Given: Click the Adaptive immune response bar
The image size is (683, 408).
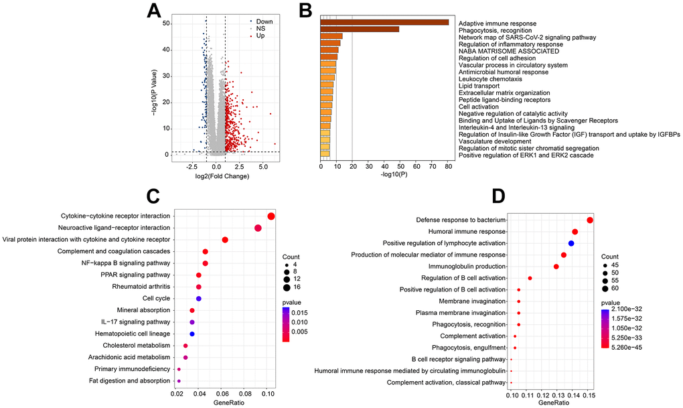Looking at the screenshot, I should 384,23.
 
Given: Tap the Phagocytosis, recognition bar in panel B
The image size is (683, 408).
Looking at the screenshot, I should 360,29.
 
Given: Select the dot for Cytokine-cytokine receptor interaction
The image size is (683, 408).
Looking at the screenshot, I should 271,216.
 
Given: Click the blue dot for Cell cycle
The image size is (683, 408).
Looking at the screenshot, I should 199,298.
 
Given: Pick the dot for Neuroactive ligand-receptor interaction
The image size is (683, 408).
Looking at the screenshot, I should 258,228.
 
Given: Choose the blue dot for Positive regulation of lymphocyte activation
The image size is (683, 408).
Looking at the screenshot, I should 571,243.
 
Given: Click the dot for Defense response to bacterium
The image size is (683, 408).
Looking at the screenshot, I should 590,220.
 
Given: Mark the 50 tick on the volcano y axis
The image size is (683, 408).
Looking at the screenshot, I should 165,23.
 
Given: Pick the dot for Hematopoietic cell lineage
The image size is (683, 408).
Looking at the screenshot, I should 192,334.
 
